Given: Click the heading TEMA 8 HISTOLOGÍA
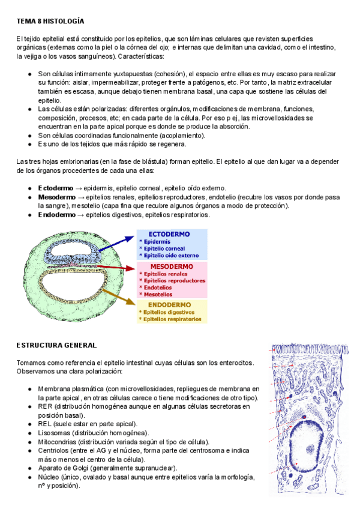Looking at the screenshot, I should point(50,21).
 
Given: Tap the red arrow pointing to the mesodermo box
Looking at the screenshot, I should point(114,267).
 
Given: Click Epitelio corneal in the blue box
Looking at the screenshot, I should point(163,248).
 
